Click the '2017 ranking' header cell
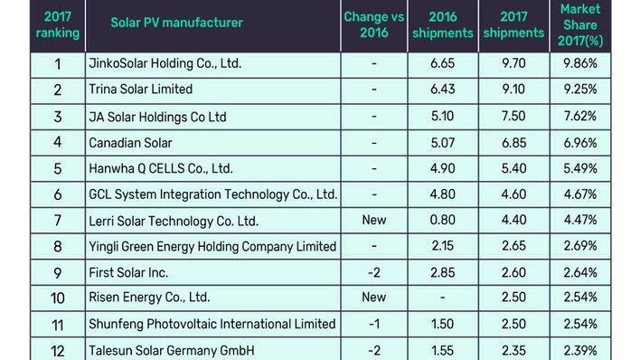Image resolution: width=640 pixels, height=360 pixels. click(58, 24)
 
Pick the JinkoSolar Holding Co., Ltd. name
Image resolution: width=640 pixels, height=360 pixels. click(165, 64)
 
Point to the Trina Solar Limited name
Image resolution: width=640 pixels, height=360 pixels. click(140, 90)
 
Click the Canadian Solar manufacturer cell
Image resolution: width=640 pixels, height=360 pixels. click(130, 142)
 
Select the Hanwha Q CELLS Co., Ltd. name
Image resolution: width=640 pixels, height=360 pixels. click(161, 168)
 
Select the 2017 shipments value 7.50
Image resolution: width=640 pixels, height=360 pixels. click(513, 117)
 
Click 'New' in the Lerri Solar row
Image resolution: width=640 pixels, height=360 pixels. click(373, 220)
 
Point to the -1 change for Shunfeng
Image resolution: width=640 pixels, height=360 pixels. click(373, 324)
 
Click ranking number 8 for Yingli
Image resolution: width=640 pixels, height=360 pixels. click(58, 246)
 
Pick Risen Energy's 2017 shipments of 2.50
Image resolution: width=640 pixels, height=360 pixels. click(513, 298)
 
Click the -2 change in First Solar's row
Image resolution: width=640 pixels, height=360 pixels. click(373, 272)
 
